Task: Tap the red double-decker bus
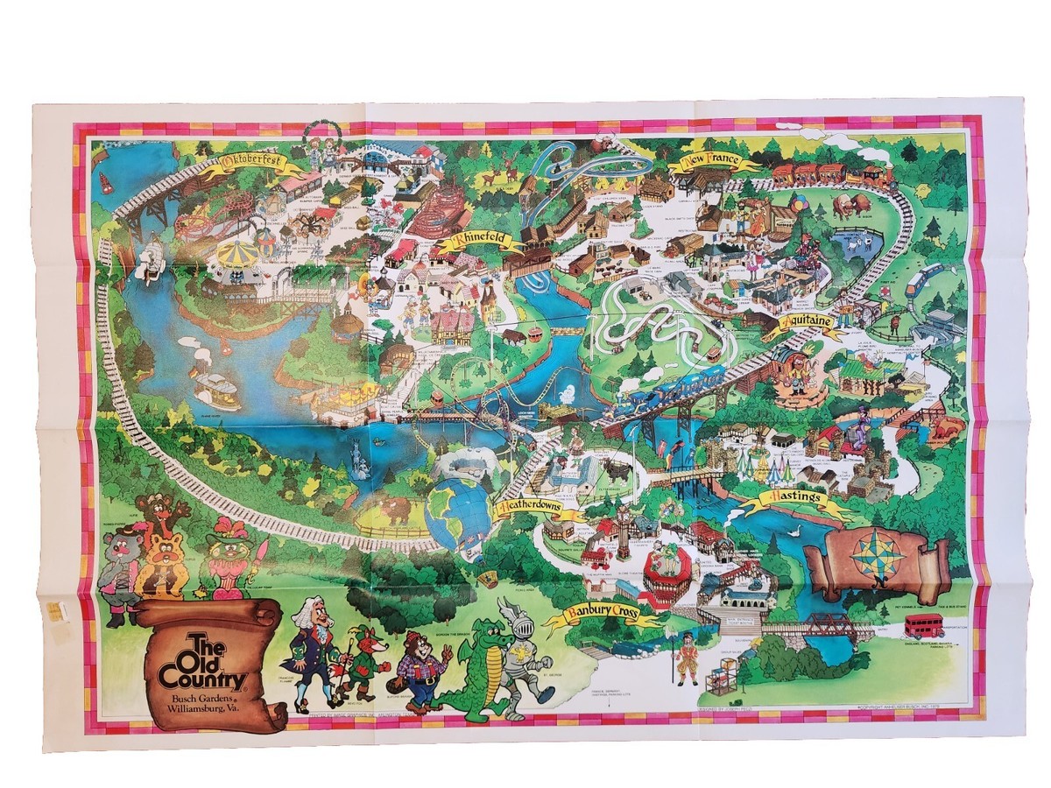point(923,625)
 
